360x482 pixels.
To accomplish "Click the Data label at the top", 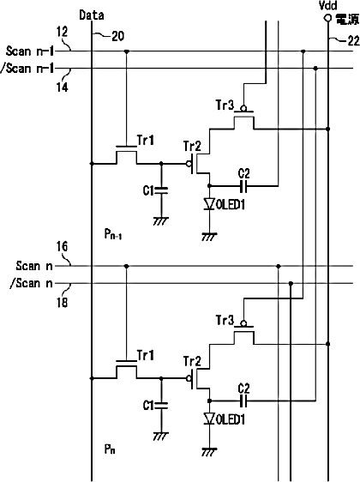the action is pos(92,15).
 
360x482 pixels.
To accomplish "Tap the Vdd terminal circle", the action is pos(328,19).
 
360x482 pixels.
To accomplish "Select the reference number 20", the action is pos(117,37).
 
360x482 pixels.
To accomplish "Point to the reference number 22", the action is pos(353,40).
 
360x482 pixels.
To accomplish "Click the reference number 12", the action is pos(62,32).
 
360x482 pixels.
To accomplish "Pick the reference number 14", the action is pos(62,87).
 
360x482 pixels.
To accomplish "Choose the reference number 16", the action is pos(62,246).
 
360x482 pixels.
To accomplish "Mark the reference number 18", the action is pos(62,303).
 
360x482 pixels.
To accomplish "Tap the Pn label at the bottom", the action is pos(110,449).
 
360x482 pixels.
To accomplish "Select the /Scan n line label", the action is pos(32,283).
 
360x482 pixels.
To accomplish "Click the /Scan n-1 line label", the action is pos(27,69).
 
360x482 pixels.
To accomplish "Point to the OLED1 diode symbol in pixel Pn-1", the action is pos(209,204).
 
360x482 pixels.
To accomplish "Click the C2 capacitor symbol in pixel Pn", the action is pos(244,401).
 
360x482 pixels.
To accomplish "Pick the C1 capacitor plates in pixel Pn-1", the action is pos(161,190).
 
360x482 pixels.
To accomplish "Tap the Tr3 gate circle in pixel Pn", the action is pos(243,323).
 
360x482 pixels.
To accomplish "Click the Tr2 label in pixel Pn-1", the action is pos(192,146).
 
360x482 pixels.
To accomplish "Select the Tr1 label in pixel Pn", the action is pos(146,355).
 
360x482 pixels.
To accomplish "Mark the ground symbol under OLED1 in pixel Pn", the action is pos(209,452).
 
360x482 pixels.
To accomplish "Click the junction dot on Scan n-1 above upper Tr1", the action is pos(126,51).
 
